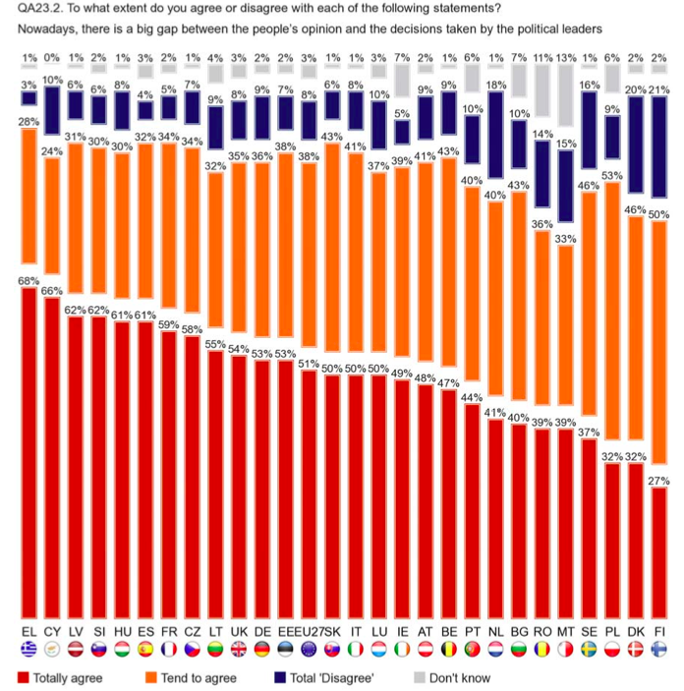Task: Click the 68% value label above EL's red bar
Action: pos(28,280)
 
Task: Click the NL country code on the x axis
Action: pos(495,629)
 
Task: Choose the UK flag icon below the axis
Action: pos(239,650)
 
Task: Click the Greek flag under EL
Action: pos(28,650)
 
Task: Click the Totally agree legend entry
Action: pos(59,677)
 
